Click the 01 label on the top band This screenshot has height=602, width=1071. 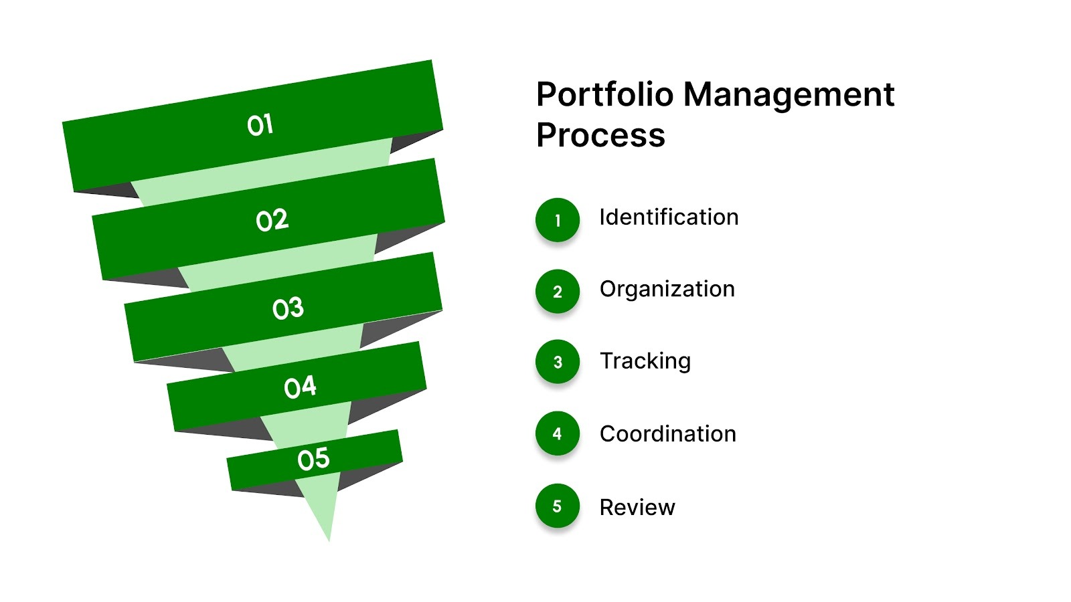[260, 125]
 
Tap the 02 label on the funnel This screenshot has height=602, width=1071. [272, 220]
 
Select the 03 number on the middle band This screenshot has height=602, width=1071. [288, 308]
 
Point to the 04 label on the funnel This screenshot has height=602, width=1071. [300, 387]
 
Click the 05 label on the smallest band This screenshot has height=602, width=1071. [313, 459]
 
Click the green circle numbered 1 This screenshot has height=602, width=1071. [557, 219]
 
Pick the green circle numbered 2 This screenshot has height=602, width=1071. [557, 291]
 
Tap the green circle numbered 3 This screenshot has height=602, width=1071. [557, 362]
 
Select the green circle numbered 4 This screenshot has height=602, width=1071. [557, 433]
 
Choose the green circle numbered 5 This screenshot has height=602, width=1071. [557, 506]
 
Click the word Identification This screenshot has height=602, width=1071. [669, 217]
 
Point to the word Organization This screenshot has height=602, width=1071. [667, 290]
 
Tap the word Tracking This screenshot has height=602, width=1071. [645, 361]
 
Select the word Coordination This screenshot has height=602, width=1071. [667, 434]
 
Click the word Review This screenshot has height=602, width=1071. [637, 508]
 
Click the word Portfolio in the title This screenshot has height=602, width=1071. [604, 94]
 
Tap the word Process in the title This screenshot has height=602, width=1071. [600, 135]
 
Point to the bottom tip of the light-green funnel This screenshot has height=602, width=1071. [329, 536]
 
